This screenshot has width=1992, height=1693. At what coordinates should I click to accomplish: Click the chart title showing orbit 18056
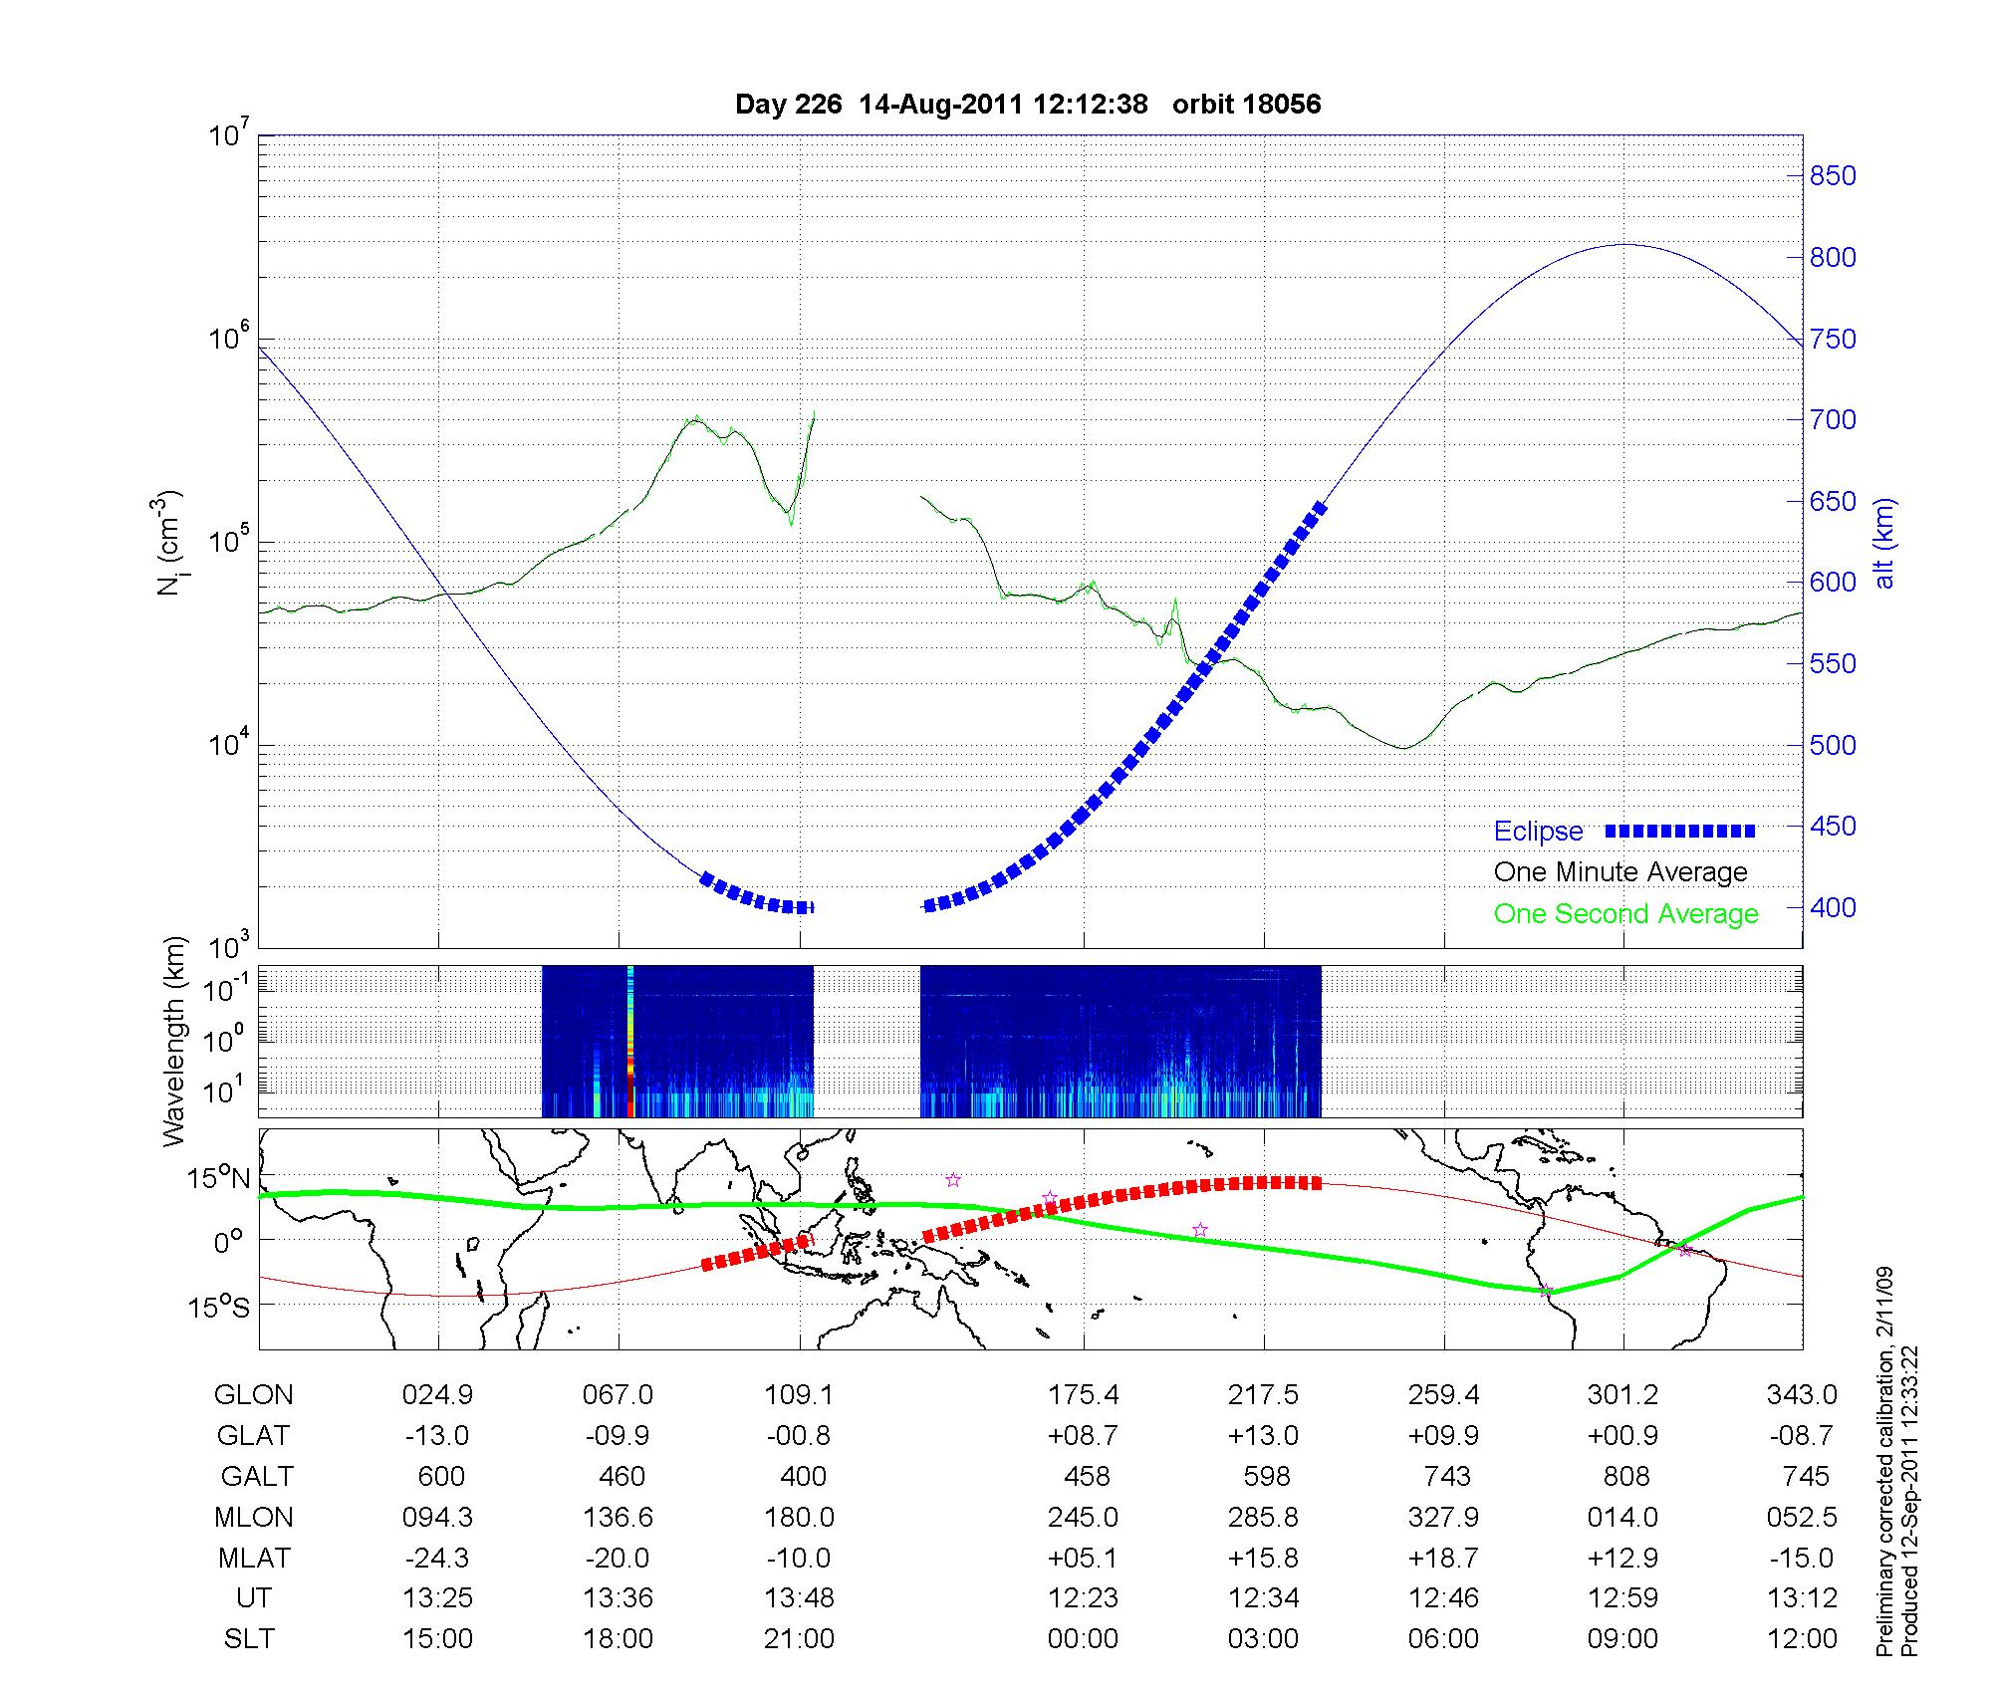1027,105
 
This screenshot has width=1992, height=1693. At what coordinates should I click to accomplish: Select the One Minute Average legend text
1620,872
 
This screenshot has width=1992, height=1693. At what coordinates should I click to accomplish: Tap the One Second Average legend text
1625,914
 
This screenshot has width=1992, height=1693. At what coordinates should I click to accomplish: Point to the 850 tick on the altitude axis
1833,176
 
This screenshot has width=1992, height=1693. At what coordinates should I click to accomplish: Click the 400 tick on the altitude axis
1833,907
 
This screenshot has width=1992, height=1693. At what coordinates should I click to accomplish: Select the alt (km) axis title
1884,543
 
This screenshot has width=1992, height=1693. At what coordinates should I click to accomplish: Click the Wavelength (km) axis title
174,1041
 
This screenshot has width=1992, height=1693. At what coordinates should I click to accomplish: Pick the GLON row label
253,1395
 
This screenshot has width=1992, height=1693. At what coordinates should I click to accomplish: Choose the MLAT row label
253,1558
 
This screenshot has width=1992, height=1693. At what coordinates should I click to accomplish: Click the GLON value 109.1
799,1395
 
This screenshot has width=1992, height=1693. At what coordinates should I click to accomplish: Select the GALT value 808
1625,1476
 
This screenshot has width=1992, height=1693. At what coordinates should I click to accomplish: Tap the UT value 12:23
1083,1598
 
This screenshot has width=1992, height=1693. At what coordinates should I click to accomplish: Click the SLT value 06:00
1443,1639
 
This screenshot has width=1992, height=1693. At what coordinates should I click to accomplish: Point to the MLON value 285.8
1263,1517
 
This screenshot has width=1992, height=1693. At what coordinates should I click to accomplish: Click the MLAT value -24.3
437,1558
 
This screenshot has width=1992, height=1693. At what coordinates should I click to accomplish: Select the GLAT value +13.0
1263,1436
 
